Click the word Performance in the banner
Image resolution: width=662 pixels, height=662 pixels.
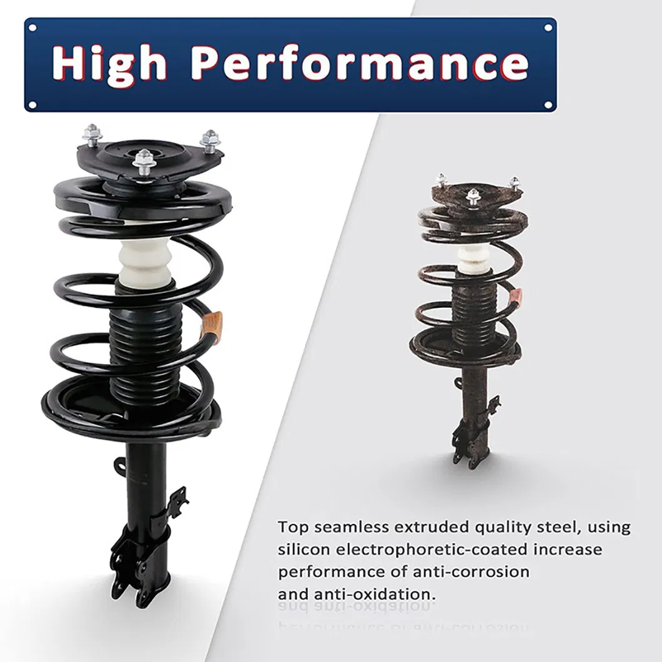(x=359, y=64)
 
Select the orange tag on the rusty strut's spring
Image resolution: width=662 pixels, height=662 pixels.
(x=515, y=298)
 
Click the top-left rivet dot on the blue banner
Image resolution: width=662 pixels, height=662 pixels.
(x=32, y=27)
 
